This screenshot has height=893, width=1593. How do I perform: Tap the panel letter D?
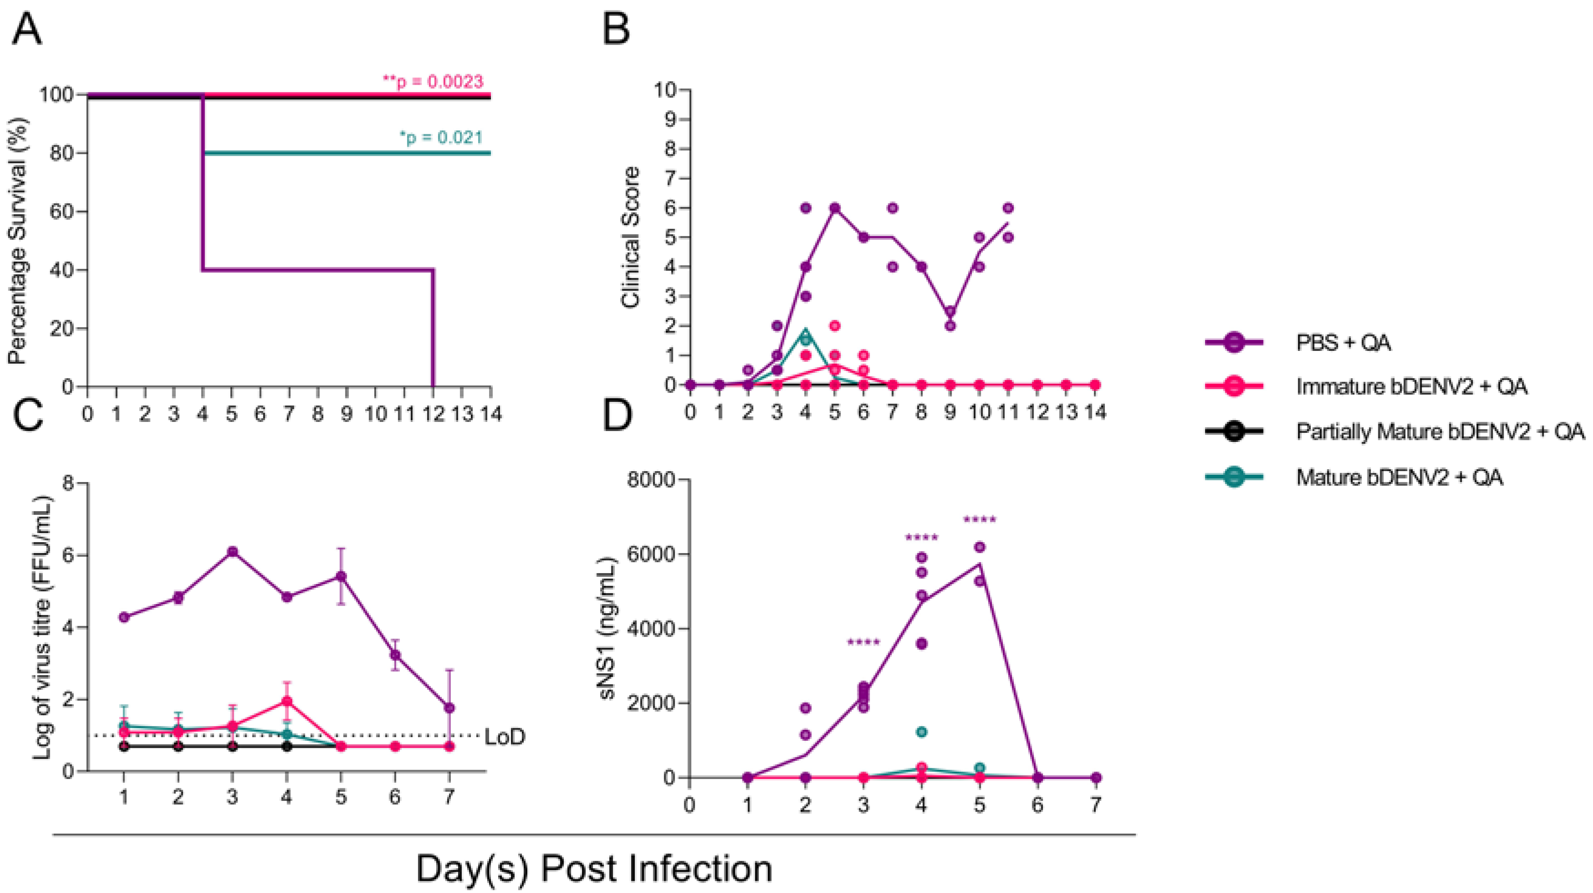click(x=617, y=416)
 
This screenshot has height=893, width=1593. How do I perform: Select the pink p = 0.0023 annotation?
click(x=433, y=81)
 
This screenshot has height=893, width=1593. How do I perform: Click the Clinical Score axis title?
click(x=631, y=237)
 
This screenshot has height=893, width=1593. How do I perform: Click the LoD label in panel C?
click(x=504, y=737)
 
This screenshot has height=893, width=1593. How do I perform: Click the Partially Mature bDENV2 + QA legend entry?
click(x=1440, y=431)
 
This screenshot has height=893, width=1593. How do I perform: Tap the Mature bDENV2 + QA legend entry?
click(x=1399, y=477)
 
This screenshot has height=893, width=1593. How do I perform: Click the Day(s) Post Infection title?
click(x=593, y=868)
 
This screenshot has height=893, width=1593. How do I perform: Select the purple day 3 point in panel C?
click(x=232, y=551)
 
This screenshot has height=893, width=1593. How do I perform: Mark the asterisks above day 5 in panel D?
click(x=980, y=519)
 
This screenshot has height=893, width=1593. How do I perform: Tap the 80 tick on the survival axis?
click(x=61, y=153)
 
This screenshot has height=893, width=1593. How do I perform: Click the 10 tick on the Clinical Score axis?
click(x=665, y=90)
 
